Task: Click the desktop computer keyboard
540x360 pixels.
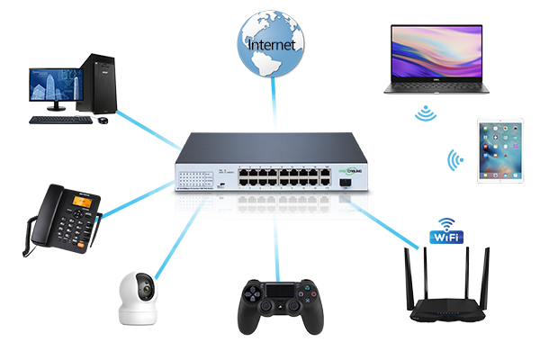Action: pyautogui.click(x=58, y=119)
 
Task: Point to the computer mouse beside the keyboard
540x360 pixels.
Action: pyautogui.click(x=103, y=119)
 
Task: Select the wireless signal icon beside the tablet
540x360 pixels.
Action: pyautogui.click(x=456, y=162)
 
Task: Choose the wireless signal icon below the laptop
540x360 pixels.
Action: pyautogui.click(x=425, y=112)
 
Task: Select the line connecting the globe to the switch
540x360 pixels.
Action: pyautogui.click(x=270, y=103)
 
